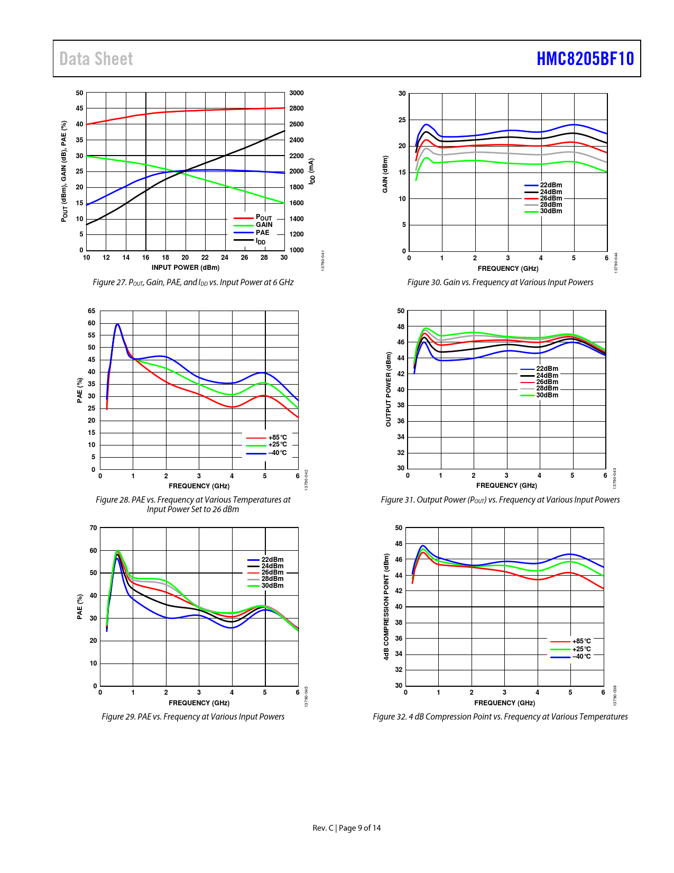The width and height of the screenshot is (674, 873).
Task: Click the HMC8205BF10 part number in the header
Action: point(585,59)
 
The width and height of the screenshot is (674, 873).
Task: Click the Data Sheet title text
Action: point(96,59)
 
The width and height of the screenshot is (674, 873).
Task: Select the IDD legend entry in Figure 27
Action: point(261,241)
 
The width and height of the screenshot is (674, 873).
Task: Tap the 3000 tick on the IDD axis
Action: point(296,93)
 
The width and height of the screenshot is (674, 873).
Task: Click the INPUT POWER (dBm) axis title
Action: point(186,268)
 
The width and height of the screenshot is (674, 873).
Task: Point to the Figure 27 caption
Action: point(193,283)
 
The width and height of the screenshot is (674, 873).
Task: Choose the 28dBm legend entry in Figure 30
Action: point(551,205)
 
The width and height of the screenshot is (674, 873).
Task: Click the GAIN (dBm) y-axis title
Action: point(385,174)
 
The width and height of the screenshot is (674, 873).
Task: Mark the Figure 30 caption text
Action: point(500,283)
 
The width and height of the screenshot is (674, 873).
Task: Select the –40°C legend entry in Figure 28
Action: point(277,453)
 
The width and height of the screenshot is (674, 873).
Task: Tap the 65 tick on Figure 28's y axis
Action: point(92,311)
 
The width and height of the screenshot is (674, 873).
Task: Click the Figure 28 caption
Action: point(193,504)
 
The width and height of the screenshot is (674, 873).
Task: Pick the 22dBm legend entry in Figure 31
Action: point(547,369)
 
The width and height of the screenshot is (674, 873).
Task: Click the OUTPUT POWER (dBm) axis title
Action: point(389,389)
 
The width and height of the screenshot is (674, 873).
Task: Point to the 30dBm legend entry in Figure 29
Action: point(272,586)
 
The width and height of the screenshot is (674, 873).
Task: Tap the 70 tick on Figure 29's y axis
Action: point(94,528)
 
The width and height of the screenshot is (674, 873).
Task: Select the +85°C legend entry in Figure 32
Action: point(581,641)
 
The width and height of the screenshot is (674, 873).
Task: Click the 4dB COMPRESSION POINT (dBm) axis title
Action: point(386,606)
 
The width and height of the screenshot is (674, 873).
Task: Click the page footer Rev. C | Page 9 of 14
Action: point(346,828)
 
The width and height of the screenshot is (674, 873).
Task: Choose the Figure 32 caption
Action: point(500,717)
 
